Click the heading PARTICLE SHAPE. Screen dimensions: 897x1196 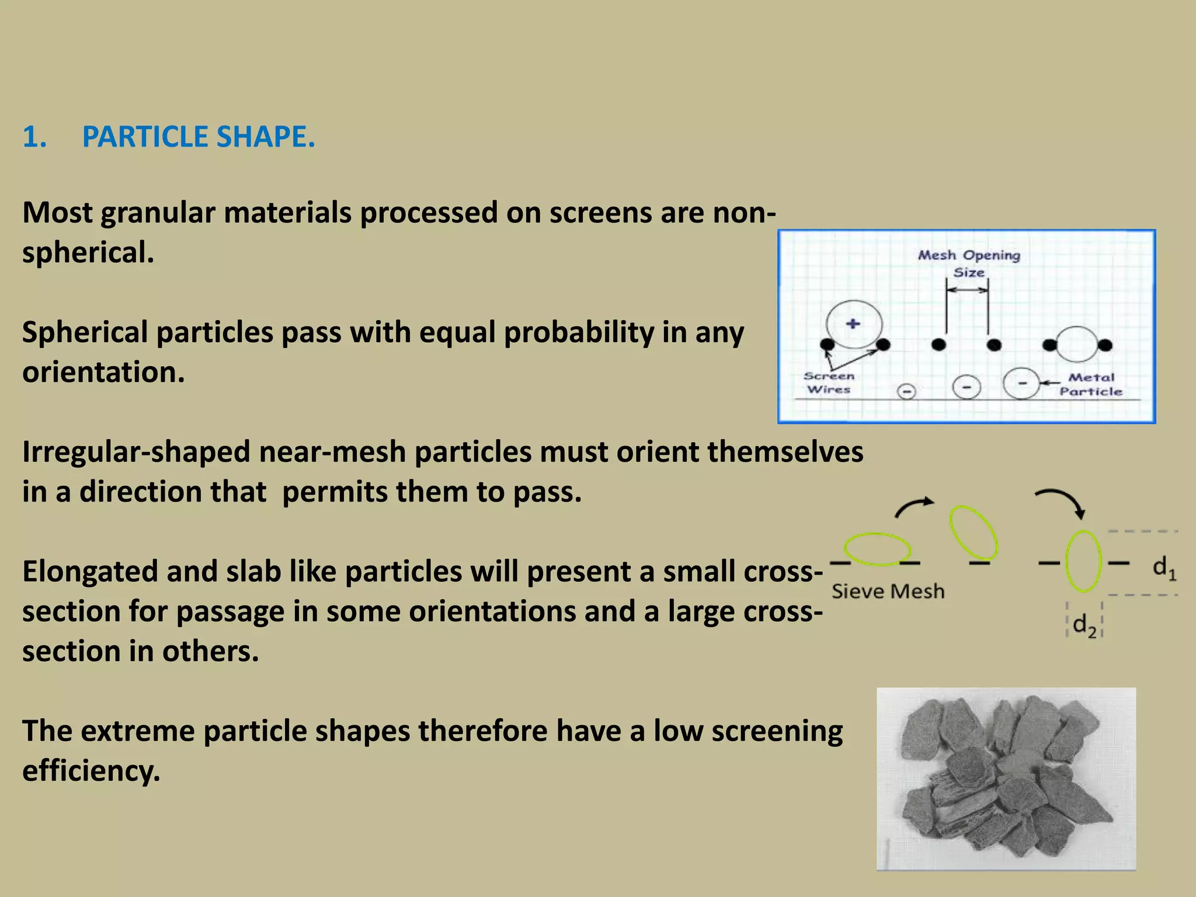(198, 137)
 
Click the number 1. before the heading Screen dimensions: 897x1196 (34, 137)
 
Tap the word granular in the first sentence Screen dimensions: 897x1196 (158, 213)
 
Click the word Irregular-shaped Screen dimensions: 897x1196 (136, 452)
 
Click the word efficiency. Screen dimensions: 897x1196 (91, 771)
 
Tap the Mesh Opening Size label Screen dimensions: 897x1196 (969, 263)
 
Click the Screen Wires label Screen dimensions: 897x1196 (829, 383)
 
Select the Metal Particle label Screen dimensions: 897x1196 (1091, 384)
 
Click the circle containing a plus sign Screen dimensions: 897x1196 (854, 324)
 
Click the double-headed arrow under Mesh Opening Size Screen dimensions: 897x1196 (967, 290)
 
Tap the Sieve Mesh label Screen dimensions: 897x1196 (888, 592)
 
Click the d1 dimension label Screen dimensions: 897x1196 (1164, 568)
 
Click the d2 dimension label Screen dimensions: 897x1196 (1084, 625)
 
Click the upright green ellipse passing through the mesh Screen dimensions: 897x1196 (1083, 561)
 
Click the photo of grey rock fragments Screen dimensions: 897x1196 (1006, 778)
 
